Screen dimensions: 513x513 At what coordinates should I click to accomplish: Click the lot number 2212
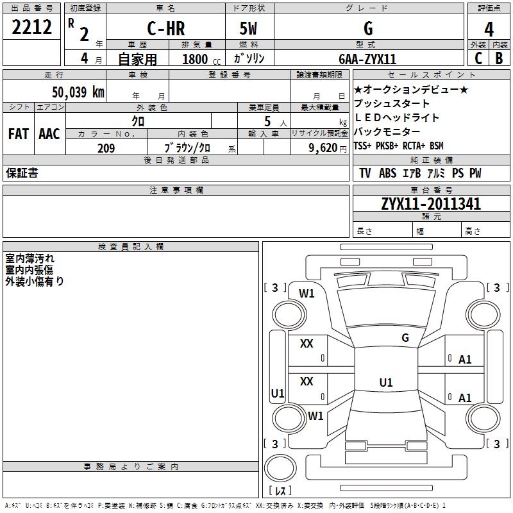pos(31,28)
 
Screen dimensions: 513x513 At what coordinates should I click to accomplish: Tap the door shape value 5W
pos(249,29)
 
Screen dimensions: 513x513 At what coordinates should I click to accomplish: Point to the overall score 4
pos(489,29)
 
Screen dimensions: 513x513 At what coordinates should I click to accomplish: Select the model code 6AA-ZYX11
pos(367,59)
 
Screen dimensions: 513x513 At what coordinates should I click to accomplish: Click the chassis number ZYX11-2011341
pos(431,204)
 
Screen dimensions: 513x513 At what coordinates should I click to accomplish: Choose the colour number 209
pos(106,148)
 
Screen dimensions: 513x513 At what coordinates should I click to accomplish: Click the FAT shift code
pos(18,134)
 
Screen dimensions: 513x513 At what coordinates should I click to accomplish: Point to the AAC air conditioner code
pos(49,134)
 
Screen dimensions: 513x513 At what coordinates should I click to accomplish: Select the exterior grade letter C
pos(478,58)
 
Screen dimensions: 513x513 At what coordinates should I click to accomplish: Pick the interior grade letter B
pos(499,58)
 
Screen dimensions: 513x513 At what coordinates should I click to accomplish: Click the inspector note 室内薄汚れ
pos(30,258)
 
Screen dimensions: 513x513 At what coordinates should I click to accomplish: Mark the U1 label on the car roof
pos(385,383)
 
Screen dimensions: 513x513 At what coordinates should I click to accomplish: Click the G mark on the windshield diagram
pos(405,338)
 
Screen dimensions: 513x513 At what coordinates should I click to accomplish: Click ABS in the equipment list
pos(387,173)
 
